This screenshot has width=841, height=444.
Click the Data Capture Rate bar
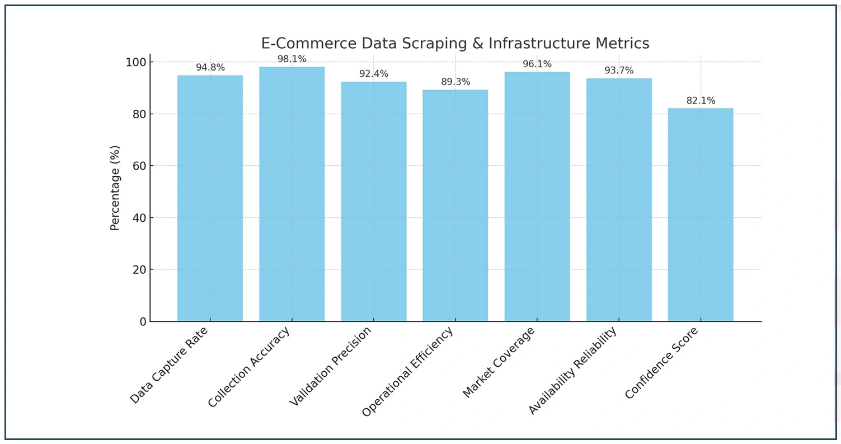(210, 198)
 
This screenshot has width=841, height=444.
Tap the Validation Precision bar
(373, 202)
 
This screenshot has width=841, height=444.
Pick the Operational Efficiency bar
(455, 205)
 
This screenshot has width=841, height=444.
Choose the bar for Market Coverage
(537, 197)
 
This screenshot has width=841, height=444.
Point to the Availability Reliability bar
(618, 200)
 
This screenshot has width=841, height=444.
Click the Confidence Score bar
(700, 214)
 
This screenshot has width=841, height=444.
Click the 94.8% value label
(210, 68)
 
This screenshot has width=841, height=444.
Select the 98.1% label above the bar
(292, 59)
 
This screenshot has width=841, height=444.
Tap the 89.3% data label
(455, 82)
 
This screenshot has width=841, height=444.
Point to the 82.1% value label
(700, 101)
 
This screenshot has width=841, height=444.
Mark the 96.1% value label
(537, 64)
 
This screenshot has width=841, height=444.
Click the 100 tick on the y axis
(136, 62)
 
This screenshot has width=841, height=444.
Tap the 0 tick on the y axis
(143, 321)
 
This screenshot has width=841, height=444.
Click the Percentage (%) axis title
(115, 188)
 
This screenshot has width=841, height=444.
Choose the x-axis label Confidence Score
(661, 363)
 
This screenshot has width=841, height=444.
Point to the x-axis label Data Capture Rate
(168, 365)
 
